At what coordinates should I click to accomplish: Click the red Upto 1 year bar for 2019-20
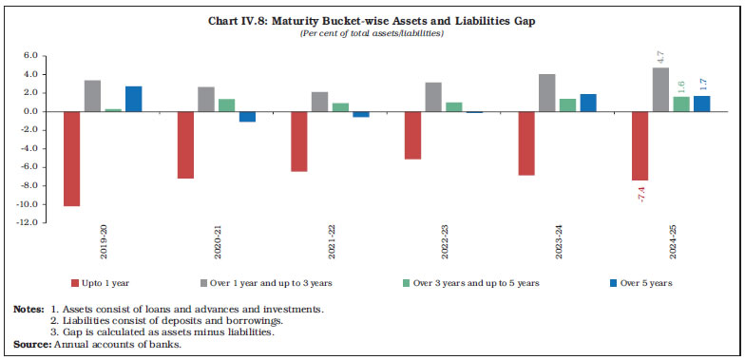[x=72, y=159]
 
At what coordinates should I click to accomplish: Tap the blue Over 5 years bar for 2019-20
[x=134, y=99]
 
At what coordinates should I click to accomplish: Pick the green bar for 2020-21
[x=227, y=105]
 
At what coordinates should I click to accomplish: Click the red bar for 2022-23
[x=411, y=135]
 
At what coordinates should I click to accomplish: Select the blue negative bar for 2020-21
[x=247, y=117]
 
